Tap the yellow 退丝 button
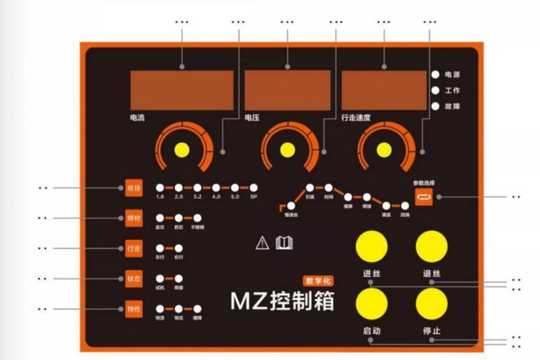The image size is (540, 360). pos(432,247)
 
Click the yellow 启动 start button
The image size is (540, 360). pos(373,305)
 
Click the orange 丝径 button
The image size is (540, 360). pos(134,188)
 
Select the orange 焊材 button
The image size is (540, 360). pos(134,218)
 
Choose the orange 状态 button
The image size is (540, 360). pos(134,278)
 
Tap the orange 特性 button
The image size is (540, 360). pos(134,309)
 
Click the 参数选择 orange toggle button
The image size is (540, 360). pos(423,197)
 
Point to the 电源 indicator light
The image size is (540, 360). pos(436,74)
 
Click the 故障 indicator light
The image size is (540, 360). pos(436,106)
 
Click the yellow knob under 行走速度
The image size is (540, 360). pos(385,150)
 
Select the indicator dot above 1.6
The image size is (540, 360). pos(160,188)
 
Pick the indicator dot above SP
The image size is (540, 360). pos(254,188)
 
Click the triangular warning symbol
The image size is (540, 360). pos(263,243)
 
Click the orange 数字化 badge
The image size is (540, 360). pos(318,280)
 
